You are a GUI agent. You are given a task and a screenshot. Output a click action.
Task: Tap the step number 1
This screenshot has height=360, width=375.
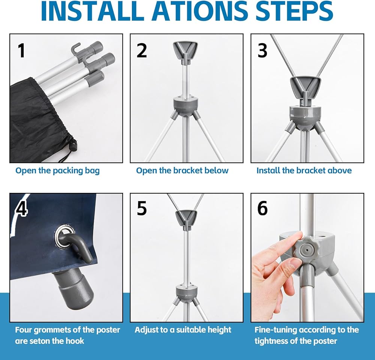(x=21, y=51)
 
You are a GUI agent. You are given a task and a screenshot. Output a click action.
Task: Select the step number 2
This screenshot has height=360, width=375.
(x=142, y=51)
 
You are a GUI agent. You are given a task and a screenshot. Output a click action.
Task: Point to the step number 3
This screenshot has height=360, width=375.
(x=262, y=51)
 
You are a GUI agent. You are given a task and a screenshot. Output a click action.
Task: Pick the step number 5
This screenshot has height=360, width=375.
(x=142, y=208)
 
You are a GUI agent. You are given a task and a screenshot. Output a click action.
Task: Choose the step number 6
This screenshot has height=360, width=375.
(x=262, y=208)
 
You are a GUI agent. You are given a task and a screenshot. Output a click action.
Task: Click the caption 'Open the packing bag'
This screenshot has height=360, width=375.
(x=57, y=171)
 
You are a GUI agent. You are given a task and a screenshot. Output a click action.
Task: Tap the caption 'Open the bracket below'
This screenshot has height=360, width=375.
(x=182, y=170)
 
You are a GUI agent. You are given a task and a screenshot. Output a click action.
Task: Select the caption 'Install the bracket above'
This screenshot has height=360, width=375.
(x=304, y=170)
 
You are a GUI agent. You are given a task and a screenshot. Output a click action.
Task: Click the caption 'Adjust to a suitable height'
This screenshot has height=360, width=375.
(x=183, y=330)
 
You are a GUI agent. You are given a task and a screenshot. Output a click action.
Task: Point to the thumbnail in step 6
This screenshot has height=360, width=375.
(x=295, y=264)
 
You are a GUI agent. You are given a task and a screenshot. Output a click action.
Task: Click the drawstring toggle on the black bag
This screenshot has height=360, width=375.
(x=73, y=145)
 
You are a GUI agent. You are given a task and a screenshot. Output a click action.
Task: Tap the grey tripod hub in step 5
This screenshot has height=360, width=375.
(x=187, y=291)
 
